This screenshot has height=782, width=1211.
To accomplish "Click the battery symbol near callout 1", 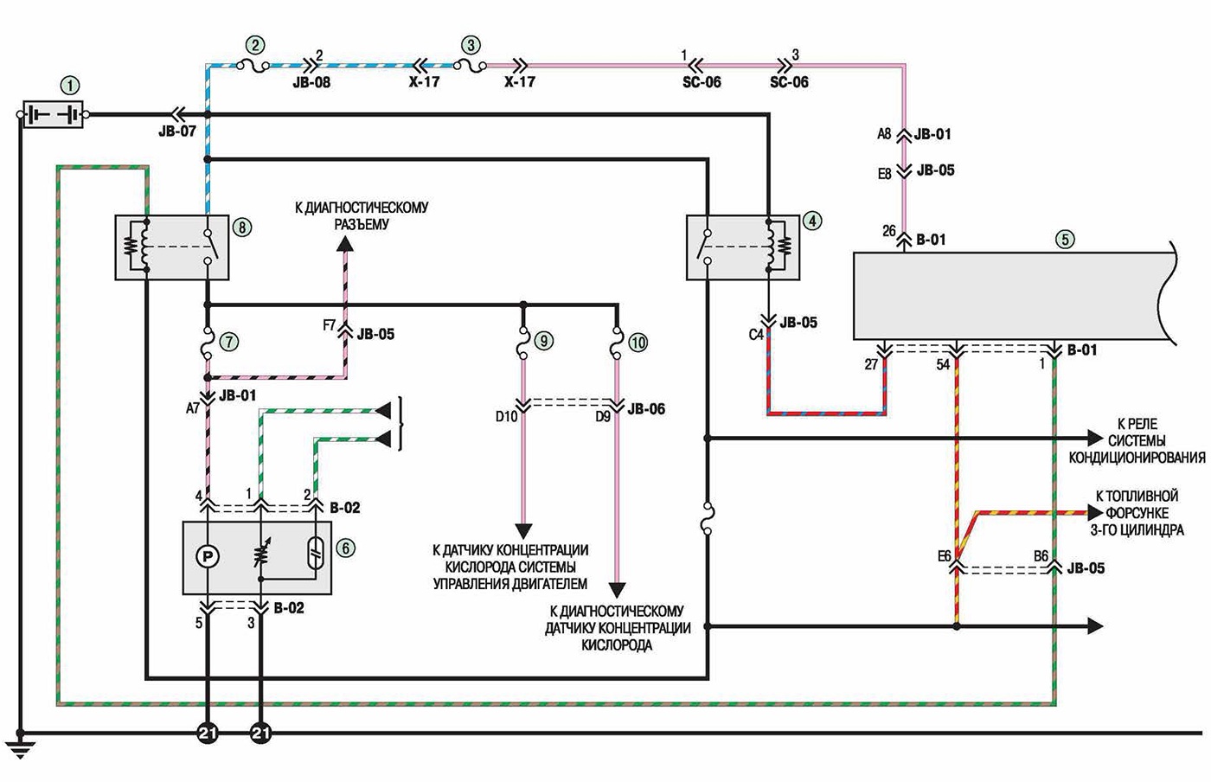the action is [x=53, y=115].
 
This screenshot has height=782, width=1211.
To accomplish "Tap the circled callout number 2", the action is [x=255, y=45].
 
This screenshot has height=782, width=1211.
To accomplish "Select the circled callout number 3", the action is [x=471, y=45].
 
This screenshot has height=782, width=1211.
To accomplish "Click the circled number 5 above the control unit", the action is [x=1065, y=239].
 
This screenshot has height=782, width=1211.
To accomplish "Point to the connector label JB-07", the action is [x=177, y=131].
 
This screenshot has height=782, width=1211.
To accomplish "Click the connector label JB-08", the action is [x=311, y=83].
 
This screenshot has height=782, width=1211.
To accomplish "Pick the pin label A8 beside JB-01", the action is [x=884, y=133].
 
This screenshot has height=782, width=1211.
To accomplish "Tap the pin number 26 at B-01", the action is [x=889, y=232].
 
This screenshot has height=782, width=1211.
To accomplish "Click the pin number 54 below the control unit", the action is [x=943, y=365].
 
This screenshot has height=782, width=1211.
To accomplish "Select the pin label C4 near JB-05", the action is [x=756, y=336].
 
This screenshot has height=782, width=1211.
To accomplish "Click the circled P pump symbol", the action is [x=208, y=556].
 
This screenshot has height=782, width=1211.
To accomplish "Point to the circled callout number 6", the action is [x=346, y=548].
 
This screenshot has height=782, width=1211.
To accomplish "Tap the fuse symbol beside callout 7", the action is [x=207, y=343].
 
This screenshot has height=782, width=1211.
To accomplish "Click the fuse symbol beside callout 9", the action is [x=522, y=343].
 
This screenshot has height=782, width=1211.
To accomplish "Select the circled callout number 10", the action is [x=638, y=343].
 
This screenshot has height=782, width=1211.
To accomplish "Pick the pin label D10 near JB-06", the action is [x=507, y=416].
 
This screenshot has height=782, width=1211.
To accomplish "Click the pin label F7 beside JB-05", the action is [x=330, y=325].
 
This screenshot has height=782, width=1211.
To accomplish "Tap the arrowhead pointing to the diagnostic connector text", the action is [x=345, y=244].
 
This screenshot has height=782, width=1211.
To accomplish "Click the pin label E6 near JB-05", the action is [x=944, y=556].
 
